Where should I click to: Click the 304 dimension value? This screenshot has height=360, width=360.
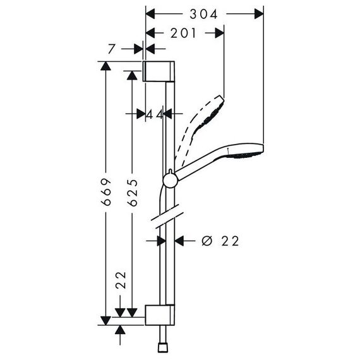click(203, 15)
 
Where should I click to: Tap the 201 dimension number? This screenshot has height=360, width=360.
click(183, 33)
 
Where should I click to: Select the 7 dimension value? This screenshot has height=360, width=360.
click(111, 49)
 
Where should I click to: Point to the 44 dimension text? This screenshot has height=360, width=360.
click(155, 114)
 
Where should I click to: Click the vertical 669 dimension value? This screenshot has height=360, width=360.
click(107, 192)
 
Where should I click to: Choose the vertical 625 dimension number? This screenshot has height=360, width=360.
click(133, 193)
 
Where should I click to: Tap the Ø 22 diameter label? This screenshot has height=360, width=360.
click(220, 241)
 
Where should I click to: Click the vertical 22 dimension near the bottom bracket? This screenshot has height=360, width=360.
click(121, 280)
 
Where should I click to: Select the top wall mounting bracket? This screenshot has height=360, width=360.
click(159, 71)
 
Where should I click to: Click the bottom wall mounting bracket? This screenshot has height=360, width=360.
click(160, 315)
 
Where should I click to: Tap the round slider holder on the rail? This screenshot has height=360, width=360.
click(170, 180)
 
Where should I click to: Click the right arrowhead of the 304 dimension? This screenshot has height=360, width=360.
click(259, 15)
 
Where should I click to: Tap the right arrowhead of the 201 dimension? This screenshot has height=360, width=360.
click(220, 33)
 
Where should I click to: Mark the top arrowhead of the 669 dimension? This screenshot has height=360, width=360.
click(105, 66)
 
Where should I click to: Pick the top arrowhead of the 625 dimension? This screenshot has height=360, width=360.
click(132, 75)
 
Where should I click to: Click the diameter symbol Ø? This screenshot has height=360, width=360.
click(207, 241)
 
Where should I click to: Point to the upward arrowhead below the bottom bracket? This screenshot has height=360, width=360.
click(120, 330)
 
